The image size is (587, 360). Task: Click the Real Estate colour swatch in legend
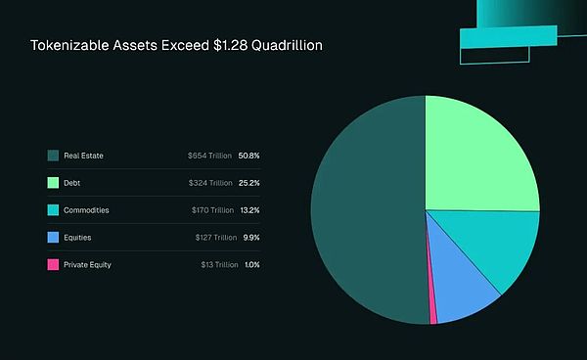53,155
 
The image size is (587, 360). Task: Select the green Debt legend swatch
53,182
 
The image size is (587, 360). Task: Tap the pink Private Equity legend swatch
53,264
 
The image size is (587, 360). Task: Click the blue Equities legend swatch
53,237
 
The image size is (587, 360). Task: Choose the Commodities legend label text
86,209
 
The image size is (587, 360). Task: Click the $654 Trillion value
210,155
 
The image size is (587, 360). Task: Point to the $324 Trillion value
210,182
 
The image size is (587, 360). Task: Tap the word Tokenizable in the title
68,46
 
